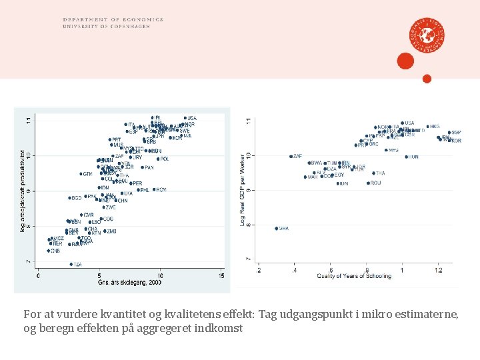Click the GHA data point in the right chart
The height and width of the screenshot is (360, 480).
(x=277, y=229)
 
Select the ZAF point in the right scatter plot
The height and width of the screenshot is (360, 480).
(x=291, y=157)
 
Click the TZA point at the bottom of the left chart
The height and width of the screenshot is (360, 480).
(x=71, y=264)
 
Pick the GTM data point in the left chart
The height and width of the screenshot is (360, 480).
(x=81, y=174)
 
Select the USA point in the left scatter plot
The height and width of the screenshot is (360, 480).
(x=185, y=118)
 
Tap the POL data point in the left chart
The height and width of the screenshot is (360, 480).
(x=158, y=159)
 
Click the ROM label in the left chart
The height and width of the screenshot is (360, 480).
(x=161, y=189)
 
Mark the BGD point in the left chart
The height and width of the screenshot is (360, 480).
(x=69, y=197)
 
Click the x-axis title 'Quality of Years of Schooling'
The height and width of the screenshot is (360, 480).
(x=353, y=276)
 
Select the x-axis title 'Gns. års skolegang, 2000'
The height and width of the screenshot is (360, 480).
(x=129, y=283)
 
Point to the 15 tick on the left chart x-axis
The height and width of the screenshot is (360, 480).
(x=221, y=275)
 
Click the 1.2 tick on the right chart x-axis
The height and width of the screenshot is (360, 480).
(x=437, y=269)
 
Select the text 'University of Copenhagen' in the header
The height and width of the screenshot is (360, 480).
(x=112, y=26)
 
